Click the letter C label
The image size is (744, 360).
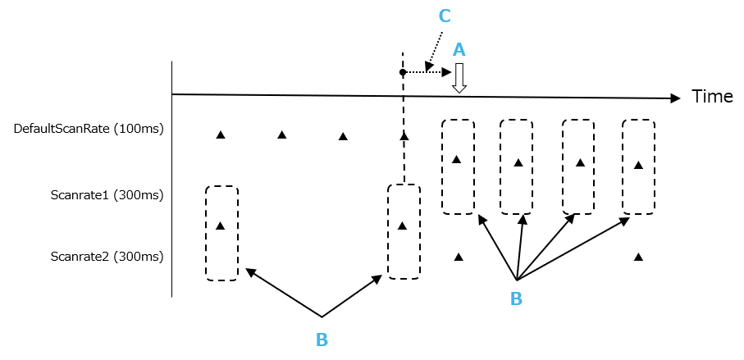[x=445, y=16]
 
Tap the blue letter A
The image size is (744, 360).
[x=459, y=50]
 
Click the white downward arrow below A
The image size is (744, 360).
[x=459, y=78]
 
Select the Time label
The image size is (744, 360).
[x=712, y=97]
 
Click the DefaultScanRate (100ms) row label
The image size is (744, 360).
[x=89, y=129]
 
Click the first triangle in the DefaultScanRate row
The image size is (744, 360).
[x=220, y=134]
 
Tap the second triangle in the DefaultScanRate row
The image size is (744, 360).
[x=281, y=134]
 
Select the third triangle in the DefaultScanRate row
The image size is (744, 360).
[x=343, y=136]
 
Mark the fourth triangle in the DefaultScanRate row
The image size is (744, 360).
[x=404, y=136]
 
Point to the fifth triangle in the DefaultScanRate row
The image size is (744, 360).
[x=457, y=159]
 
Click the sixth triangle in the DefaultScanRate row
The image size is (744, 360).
[x=518, y=162]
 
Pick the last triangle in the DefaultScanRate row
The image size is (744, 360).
[x=638, y=166]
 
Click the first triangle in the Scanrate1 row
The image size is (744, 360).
[x=220, y=226]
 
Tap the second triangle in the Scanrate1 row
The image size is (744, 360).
[x=402, y=226]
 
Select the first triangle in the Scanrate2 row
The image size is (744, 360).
[x=459, y=257]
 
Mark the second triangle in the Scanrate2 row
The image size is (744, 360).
[x=638, y=257]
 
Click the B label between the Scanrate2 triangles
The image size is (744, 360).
[x=516, y=298]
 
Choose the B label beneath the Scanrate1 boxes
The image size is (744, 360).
[x=322, y=339]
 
